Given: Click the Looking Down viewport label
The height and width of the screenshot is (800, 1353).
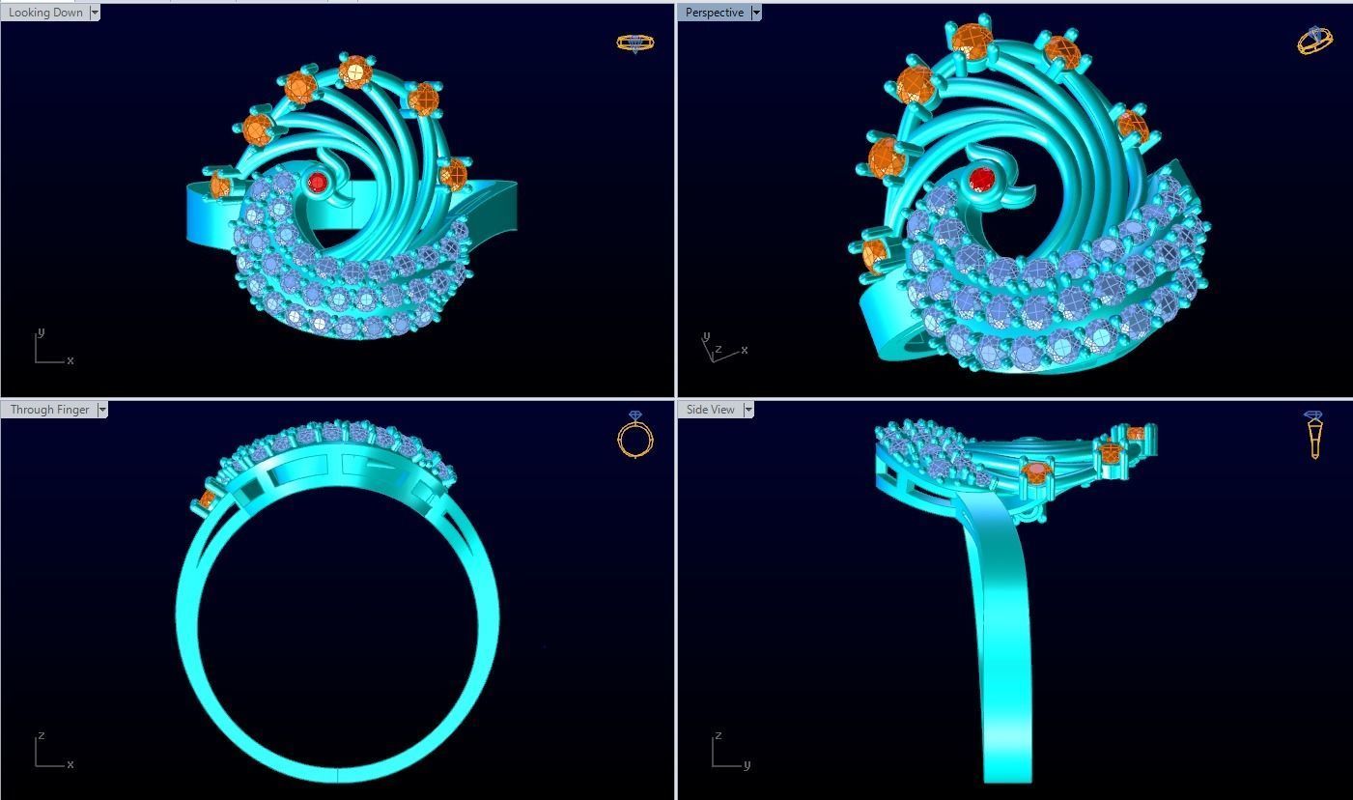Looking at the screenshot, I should [44, 13].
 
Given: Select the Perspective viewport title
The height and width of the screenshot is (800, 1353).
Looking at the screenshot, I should [714, 13].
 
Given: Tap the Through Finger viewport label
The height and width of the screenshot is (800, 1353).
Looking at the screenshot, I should [48, 410].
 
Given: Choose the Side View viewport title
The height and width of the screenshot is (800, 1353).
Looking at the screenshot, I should [710, 410].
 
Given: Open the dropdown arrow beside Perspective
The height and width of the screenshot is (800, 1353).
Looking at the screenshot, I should [756, 13].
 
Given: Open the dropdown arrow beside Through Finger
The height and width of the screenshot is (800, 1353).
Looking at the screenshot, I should [102, 410].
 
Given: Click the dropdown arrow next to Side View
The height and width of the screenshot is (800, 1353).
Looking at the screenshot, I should [747, 410].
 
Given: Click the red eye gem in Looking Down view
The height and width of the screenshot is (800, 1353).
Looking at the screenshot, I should [317, 182].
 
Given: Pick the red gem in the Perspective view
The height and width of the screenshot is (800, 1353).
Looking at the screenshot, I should [982, 180].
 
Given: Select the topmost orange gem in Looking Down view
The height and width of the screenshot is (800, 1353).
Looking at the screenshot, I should [356, 71].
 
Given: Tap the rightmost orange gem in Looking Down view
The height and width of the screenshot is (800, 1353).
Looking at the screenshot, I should [453, 175].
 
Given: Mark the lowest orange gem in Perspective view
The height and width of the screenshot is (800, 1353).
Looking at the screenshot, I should [874, 253].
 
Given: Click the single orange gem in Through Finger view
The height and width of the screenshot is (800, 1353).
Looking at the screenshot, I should [207, 500].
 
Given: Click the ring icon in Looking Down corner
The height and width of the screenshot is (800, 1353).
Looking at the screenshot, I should [634, 43].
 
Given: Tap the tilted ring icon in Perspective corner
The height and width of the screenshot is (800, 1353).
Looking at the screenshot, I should [1315, 40].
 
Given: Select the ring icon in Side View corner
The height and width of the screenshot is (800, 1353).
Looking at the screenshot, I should [1314, 435].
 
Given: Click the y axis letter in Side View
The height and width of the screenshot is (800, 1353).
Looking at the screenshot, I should [747, 764].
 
